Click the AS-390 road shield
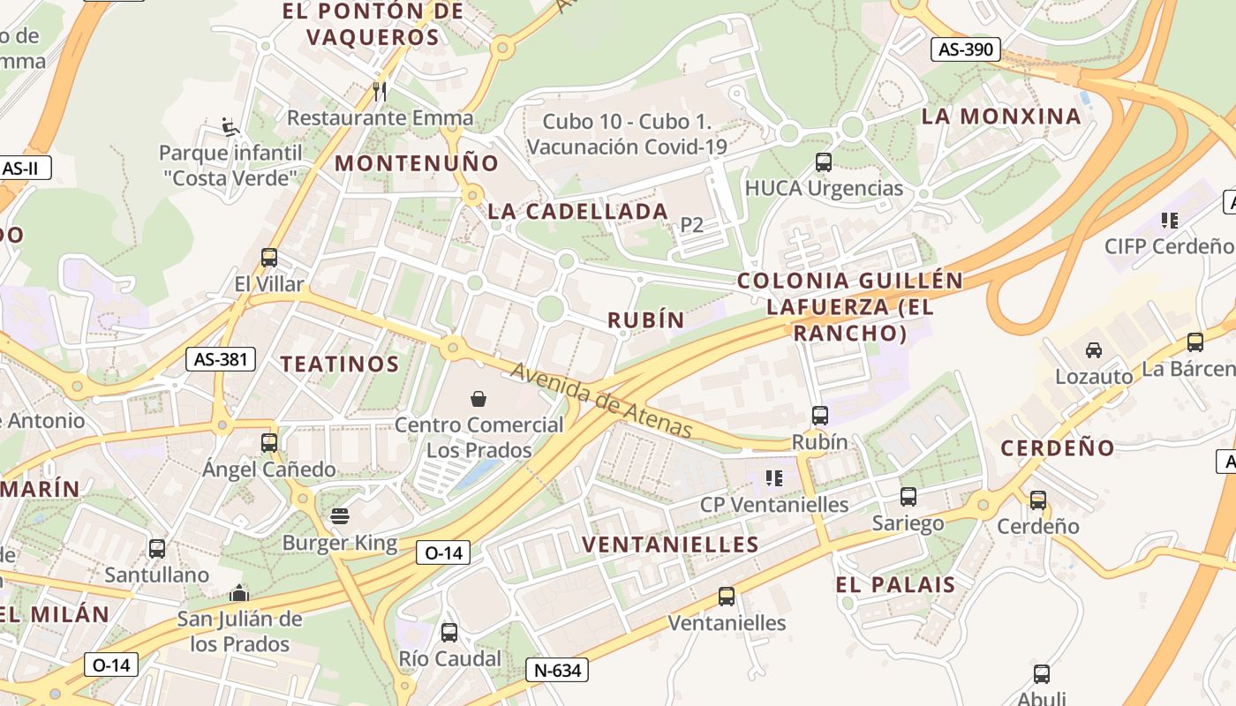[x=966, y=49]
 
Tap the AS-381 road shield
[x=221, y=359]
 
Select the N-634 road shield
[x=557, y=670]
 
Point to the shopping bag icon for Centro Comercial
[x=479, y=399]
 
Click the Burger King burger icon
[x=340, y=516]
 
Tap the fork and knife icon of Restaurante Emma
[x=380, y=91]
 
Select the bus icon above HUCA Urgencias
[x=823, y=162]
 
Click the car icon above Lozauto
[x=1094, y=350]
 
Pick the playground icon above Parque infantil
[x=230, y=127]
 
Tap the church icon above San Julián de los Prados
[x=239, y=593]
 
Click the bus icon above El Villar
[x=269, y=258]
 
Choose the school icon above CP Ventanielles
[x=774, y=478]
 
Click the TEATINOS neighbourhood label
[x=340, y=364]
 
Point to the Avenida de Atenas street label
[x=601, y=401]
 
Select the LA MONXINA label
[x=1001, y=116]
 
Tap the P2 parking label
[x=692, y=225]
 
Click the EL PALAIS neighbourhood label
[x=895, y=584]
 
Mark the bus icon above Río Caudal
[x=449, y=633]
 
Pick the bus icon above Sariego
[x=908, y=497]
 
